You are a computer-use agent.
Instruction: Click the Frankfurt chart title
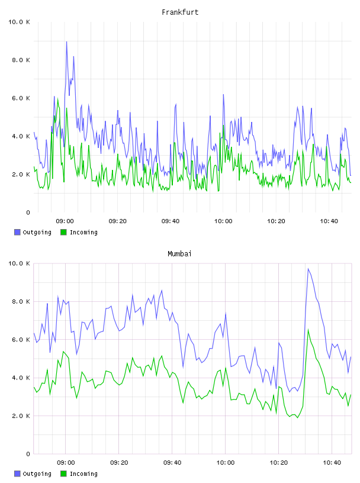[180, 12]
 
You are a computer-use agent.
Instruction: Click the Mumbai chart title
[179, 254]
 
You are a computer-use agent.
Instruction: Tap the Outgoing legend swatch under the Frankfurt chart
[17, 232]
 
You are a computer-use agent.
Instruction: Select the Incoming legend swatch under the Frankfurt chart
[63, 232]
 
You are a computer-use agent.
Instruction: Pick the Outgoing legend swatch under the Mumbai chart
[17, 474]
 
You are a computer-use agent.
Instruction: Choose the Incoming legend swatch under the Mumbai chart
[63, 474]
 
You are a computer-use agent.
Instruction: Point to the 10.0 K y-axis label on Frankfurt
[19, 22]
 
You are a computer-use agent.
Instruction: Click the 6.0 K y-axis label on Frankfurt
[21, 98]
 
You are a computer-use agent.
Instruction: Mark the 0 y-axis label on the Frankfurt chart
[28, 212]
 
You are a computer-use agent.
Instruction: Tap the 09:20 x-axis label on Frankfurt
[117, 221]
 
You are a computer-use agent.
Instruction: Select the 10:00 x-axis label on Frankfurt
[223, 221]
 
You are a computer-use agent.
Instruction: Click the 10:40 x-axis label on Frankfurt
[329, 221]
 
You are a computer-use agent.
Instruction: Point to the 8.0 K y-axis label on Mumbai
[21, 301]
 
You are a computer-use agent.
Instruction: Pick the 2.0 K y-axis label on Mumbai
[21, 416]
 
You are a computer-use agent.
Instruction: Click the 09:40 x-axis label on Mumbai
[172, 463]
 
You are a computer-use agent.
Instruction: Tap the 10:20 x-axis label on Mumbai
[279, 463]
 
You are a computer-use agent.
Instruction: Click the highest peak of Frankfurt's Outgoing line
[66, 41]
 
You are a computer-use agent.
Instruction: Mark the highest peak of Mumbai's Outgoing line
[308, 269]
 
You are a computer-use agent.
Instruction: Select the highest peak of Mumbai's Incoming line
[308, 330]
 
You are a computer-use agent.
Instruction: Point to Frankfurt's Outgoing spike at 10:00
[223, 95]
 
